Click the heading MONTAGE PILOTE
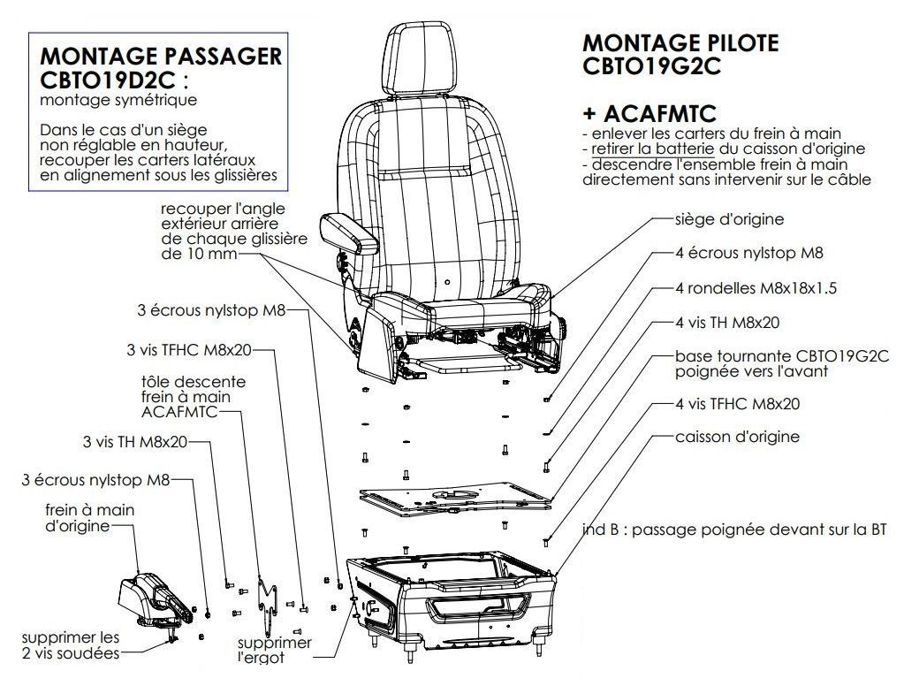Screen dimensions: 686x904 (x=680, y=42)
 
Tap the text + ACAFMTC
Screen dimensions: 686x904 (x=649, y=113)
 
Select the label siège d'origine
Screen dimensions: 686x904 (x=728, y=218)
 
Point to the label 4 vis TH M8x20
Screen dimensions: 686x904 (x=726, y=324)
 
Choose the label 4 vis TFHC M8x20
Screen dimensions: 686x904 (x=737, y=404)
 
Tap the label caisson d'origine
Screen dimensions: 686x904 (x=737, y=437)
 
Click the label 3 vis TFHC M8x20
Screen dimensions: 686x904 (x=190, y=350)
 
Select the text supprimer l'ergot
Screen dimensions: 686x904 (x=274, y=651)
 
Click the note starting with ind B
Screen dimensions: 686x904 (x=733, y=530)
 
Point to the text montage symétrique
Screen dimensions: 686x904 (x=118, y=101)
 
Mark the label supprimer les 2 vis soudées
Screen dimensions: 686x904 (x=71, y=644)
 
